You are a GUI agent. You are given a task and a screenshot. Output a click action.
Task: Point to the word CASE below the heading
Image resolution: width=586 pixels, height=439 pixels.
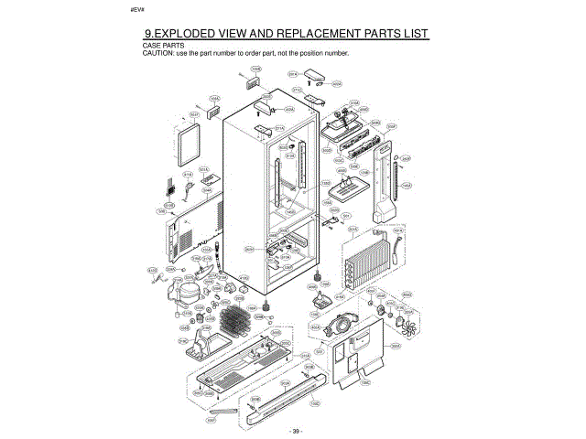152,45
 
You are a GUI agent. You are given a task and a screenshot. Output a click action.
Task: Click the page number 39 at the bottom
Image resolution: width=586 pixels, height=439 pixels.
294,430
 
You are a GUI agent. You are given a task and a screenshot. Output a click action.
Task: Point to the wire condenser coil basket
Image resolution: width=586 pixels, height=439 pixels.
235,321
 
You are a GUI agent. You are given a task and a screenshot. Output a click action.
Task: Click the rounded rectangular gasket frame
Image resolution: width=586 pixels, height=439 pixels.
188,147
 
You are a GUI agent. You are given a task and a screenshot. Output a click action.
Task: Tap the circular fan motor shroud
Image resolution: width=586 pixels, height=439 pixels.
344,324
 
